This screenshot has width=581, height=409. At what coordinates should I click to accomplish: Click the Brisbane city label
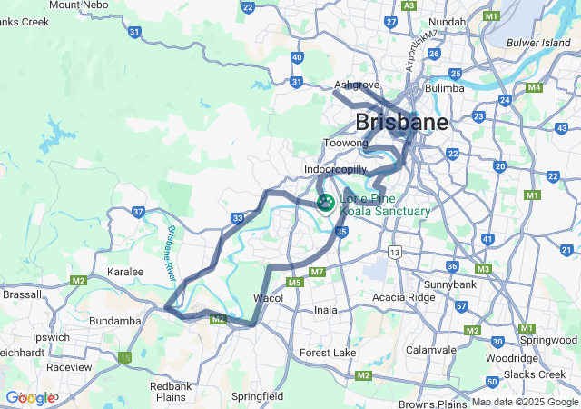tap(401, 122)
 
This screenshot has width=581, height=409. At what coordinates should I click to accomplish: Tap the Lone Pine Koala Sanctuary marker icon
tap(324, 203)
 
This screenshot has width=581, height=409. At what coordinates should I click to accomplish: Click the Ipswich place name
tap(51, 337)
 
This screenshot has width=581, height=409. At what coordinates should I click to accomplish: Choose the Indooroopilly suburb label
tap(335, 170)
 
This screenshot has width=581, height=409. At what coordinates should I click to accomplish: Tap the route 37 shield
tap(138, 212)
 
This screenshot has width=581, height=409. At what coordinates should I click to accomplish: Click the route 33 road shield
tap(237, 218)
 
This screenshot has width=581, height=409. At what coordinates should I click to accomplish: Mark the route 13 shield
tap(394, 251)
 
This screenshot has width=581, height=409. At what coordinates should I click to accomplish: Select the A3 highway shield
tap(409, 5)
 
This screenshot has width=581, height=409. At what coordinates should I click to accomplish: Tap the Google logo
tap(30, 398)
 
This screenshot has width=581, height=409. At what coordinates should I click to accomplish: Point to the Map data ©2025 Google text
tap(526, 403)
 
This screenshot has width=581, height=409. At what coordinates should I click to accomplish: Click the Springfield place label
tap(257, 397)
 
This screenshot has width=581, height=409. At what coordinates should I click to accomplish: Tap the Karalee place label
tap(125, 272)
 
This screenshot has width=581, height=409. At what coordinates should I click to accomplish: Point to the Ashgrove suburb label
tap(356, 85)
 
